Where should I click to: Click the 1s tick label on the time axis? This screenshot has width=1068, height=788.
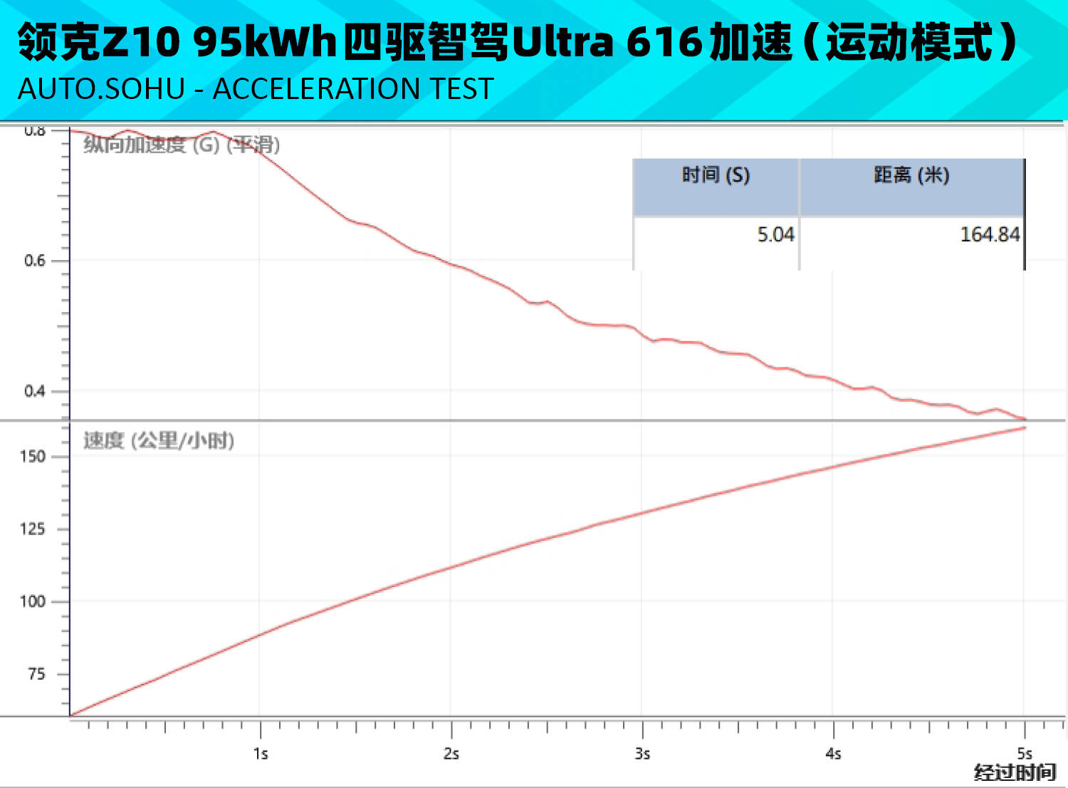coord(261,754)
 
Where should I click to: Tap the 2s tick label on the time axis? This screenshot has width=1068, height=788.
coord(451,754)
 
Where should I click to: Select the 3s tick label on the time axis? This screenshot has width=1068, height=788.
coord(642,754)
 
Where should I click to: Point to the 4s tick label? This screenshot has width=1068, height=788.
coord(833,754)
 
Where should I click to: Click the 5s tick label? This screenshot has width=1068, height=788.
coord(1024,753)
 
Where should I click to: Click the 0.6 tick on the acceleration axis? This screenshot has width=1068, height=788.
coord(35,261)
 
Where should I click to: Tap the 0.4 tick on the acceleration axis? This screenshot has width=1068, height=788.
coord(35,391)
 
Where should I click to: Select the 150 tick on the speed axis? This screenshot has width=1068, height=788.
coord(33,457)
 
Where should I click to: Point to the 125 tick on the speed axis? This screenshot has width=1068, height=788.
coord(33,529)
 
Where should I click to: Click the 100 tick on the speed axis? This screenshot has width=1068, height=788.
coord(33,601)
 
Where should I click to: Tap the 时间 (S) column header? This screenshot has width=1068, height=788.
coord(716,175)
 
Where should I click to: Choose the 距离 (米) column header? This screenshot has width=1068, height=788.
coord(911,175)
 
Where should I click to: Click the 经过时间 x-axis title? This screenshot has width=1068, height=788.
coord(1015,772)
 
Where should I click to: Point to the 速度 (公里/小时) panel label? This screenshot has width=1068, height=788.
coord(159,440)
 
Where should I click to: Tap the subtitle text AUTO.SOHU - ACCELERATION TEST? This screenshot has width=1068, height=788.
coord(256,89)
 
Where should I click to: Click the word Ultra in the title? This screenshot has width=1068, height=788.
coord(562,42)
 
